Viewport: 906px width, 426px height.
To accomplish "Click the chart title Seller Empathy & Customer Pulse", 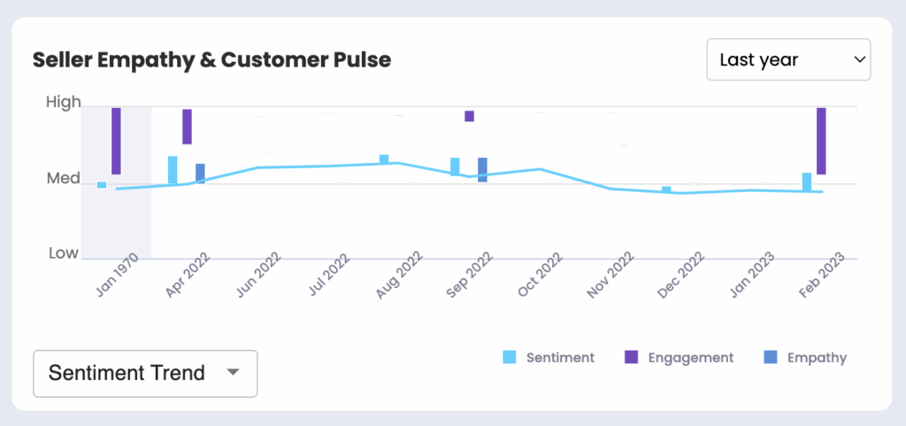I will click(x=211, y=60).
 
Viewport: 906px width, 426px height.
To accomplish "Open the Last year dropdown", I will click(x=788, y=60).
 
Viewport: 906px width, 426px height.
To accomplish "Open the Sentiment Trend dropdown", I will click(x=145, y=373).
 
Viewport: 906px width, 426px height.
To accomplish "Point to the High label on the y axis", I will click(x=63, y=103).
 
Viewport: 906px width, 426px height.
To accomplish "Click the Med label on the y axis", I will click(x=63, y=179).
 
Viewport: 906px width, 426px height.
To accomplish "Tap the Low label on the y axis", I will click(x=63, y=253).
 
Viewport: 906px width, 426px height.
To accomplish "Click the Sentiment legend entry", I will click(x=549, y=358).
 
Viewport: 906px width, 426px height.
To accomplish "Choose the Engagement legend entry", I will click(x=679, y=358).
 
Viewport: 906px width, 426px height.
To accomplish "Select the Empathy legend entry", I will click(x=804, y=358).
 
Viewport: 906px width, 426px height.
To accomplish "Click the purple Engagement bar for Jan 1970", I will click(x=116, y=141).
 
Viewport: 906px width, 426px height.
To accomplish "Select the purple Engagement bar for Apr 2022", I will click(x=187, y=126).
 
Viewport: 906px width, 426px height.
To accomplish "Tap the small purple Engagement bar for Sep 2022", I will click(x=469, y=116).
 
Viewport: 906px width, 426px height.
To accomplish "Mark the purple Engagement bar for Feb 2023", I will click(x=821, y=141).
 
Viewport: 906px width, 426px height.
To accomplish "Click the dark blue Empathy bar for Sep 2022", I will click(x=482, y=170).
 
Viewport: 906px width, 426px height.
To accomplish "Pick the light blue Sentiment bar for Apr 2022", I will click(x=173, y=170).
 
